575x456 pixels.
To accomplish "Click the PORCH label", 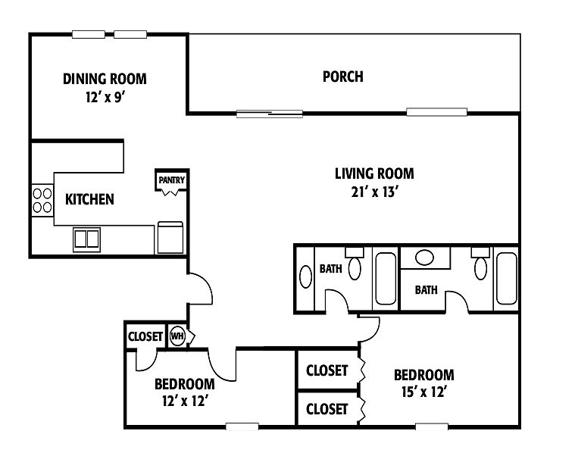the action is point(343,77).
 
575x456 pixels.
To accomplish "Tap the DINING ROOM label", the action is point(105,79).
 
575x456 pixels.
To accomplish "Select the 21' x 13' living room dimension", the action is point(374,192).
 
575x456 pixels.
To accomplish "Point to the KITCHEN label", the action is point(89,199).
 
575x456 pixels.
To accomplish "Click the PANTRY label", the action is point(172,180).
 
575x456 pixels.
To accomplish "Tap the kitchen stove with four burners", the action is point(42,200).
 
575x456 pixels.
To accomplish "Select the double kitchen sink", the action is point(86,239).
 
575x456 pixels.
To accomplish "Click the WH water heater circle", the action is point(177,336).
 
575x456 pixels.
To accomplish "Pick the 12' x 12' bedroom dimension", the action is point(185,401).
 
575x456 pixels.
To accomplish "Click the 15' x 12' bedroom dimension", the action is point(423,392).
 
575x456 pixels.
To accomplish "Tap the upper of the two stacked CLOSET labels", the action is point(327,370).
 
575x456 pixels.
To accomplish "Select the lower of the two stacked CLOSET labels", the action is point(327,409).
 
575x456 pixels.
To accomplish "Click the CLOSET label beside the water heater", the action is point(145,336).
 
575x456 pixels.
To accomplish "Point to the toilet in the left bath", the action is point(355,264).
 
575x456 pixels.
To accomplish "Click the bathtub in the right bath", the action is point(506,278).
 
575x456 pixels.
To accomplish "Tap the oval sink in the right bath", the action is point(425,258).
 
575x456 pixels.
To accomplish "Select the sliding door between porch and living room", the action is point(270,114).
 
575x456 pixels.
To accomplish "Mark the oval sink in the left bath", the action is point(305,276).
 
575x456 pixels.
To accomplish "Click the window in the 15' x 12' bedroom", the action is point(432,426).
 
